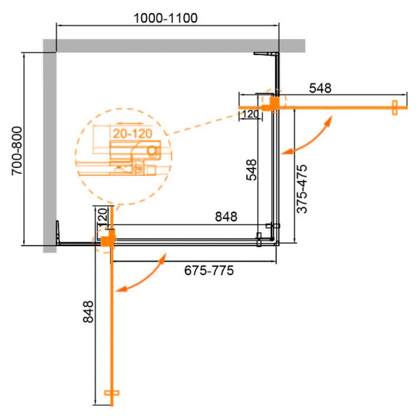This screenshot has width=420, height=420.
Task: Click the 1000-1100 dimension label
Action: point(167,17)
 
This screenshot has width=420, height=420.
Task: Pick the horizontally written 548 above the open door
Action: point(319,88)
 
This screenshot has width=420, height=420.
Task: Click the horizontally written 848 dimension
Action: point(225,217)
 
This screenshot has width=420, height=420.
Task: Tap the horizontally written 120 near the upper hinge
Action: point(251,114)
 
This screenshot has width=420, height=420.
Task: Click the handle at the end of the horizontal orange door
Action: point(395,107)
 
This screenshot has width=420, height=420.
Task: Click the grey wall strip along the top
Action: point(174,45)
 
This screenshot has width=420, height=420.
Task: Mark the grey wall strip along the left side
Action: point(49,145)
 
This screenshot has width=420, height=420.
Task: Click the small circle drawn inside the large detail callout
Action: point(151,151)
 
